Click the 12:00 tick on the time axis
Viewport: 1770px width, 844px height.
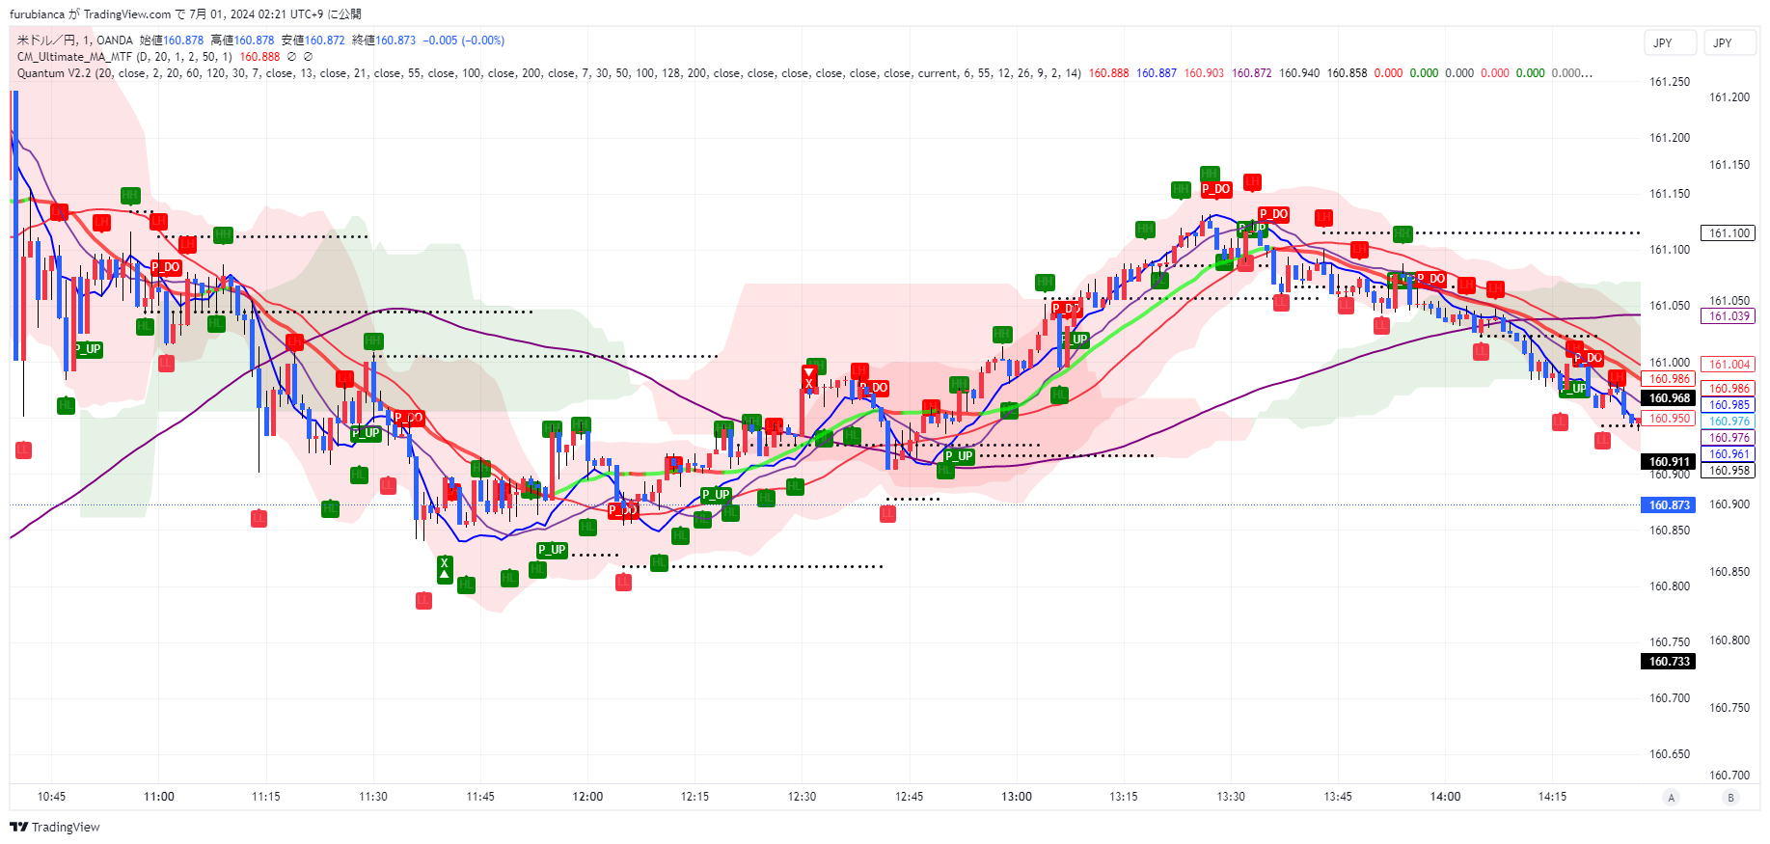587,797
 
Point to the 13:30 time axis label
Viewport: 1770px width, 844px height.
1231,797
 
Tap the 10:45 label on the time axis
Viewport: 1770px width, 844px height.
51,797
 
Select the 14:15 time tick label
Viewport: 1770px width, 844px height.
1552,797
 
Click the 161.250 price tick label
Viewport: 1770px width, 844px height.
1669,82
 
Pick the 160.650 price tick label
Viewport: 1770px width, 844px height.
1669,754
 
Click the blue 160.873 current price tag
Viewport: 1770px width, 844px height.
1668,505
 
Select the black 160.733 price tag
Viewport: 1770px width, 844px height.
1669,662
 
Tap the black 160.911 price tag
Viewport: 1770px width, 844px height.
1669,462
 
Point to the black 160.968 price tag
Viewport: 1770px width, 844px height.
1669,398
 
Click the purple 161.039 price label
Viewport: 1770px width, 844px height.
1729,316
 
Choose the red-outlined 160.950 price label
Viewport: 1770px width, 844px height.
1669,419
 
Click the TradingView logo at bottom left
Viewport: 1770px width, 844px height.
55,827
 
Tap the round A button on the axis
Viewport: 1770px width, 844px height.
1672,797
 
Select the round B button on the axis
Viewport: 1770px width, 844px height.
1730,797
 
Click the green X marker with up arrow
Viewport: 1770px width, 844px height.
444,568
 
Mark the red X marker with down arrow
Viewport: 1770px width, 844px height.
809,378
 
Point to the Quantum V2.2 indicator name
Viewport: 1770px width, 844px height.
54,73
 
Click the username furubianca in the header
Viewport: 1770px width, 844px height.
37,14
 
